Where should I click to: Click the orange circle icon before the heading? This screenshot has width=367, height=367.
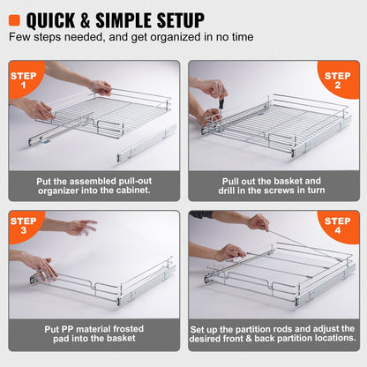pos(18,19)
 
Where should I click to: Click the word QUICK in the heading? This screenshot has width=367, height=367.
pos(62,19)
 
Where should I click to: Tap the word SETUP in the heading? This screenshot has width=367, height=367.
pos(171,19)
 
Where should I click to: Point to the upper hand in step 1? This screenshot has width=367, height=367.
pos(101,87)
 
